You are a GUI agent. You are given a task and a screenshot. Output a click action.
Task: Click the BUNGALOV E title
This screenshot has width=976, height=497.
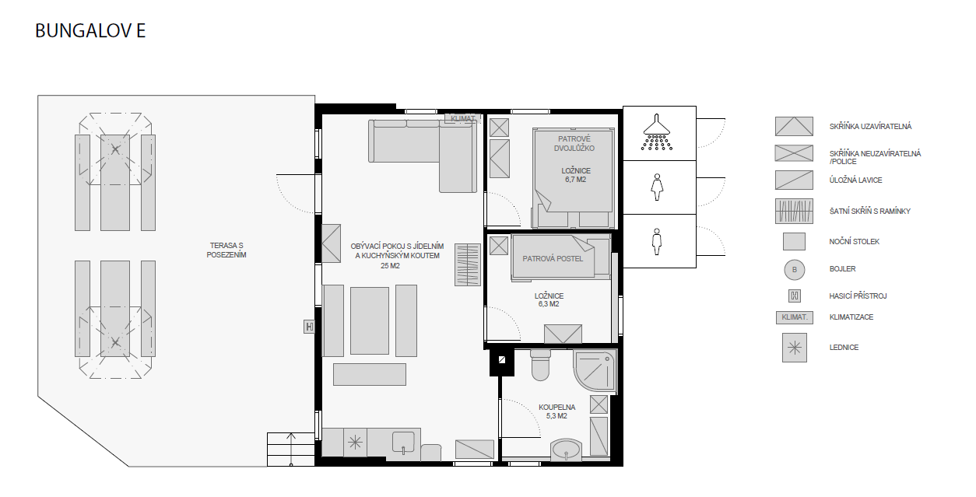point(90,31)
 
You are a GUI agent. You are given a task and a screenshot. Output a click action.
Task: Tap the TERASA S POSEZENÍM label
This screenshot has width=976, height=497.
point(226,250)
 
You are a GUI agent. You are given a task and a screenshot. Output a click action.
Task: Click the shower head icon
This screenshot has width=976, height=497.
point(657,132)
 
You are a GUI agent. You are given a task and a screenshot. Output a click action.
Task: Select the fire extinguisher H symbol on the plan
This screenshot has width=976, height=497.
point(309,326)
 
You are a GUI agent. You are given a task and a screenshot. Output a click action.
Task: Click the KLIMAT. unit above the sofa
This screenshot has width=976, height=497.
point(463,118)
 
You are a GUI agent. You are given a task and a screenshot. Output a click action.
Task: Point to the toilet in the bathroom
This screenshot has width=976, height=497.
point(541,365)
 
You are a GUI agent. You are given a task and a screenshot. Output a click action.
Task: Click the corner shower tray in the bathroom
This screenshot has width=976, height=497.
point(595,369)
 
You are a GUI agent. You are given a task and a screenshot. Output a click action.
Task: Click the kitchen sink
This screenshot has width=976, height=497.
point(403,443)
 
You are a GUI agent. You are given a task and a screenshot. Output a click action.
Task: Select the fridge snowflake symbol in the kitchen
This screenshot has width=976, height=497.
point(355,443)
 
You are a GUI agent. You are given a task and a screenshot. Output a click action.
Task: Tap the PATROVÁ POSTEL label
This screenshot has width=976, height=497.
point(553,259)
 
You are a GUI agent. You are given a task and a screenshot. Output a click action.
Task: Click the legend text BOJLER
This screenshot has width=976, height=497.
point(842,269)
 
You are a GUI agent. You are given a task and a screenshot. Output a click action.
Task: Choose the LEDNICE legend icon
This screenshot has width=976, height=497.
point(795,348)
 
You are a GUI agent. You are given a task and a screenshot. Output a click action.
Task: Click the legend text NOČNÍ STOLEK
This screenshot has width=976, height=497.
point(854,241)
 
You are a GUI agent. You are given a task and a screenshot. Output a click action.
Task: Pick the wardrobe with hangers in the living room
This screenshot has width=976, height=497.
point(468,265)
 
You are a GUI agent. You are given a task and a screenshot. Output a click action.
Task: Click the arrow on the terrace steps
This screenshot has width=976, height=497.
point(291,449)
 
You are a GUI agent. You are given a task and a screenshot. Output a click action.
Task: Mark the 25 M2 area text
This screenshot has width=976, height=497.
point(390,266)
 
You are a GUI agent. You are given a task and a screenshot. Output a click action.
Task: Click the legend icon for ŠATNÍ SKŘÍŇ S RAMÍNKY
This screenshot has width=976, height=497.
point(794,212)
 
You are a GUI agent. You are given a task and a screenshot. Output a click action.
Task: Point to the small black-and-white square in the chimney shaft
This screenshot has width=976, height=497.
point(502,360)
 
